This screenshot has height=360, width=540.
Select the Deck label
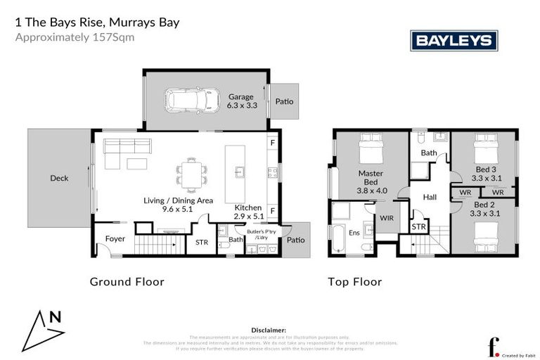(59, 179)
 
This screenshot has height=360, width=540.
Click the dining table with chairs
(192, 171)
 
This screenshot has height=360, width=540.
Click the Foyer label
(115, 239)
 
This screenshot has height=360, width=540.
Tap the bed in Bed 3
(483, 148)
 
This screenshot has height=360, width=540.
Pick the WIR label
(387, 219)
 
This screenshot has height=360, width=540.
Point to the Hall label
(430, 198)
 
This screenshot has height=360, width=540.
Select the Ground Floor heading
(127, 282)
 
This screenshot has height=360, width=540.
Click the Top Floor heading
(354, 282)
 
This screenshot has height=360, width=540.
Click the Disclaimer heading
(268, 329)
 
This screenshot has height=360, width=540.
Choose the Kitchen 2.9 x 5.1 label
(248, 212)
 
